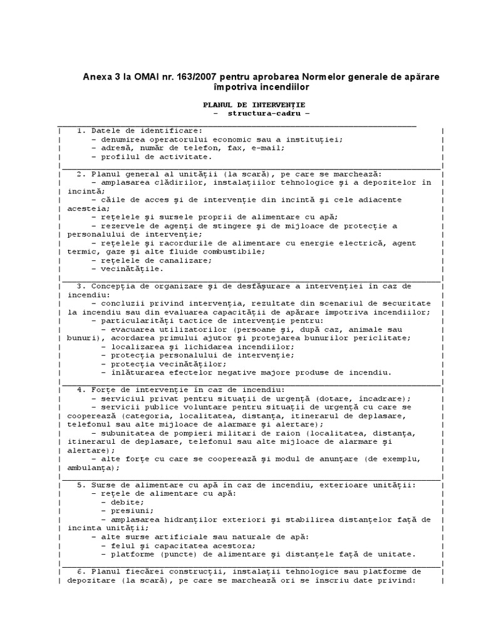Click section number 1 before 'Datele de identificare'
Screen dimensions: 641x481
click(x=80, y=131)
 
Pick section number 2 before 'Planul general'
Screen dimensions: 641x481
click(x=80, y=173)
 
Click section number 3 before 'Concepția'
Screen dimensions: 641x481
click(x=80, y=285)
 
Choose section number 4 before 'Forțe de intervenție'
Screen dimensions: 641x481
click(x=80, y=389)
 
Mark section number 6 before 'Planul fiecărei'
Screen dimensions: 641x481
click(x=80, y=571)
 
